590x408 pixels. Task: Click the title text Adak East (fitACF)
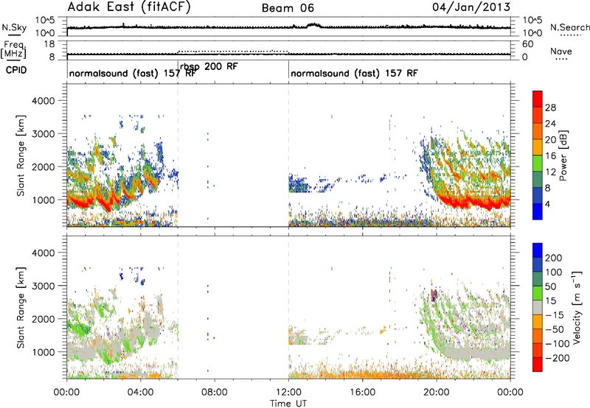pos(129,7)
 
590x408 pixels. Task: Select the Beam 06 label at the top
pos(288,8)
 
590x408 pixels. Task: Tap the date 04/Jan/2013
pos(471,7)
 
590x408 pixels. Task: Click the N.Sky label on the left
pos(14,27)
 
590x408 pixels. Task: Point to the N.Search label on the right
pos(569,27)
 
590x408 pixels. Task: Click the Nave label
pos(561,51)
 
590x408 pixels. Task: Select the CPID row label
pos(16,70)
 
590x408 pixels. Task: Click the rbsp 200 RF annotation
pos(209,67)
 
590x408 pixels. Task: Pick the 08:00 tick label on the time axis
pos(215,393)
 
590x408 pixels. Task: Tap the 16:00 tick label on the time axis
pos(362,393)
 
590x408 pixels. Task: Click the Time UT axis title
pos(288,404)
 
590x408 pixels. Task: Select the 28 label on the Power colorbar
pos(550,108)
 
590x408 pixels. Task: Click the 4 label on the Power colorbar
pos(547,205)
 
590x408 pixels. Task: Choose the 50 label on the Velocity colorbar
pos(550,286)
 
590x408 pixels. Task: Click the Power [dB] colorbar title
pos(563,155)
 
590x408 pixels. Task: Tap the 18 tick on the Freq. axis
pos(49,44)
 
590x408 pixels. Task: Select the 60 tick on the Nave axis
pos(527,44)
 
